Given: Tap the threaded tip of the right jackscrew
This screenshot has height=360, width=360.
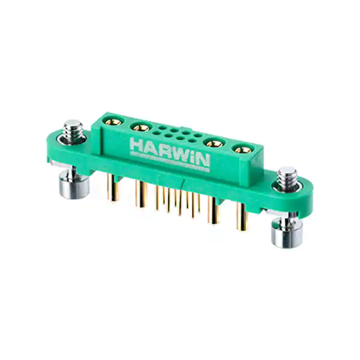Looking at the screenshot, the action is [x=287, y=177].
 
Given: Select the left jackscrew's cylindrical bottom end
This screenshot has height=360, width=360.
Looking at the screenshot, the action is [x=74, y=185].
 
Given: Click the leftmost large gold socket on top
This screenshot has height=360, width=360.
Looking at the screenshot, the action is [x=114, y=121].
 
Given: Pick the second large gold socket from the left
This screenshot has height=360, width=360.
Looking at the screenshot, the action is [x=141, y=127].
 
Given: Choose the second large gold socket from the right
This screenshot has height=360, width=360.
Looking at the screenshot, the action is [x=215, y=144].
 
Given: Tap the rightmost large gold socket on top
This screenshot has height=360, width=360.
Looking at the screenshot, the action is [x=244, y=150].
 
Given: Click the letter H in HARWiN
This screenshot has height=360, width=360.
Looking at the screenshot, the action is [x=136, y=144].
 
